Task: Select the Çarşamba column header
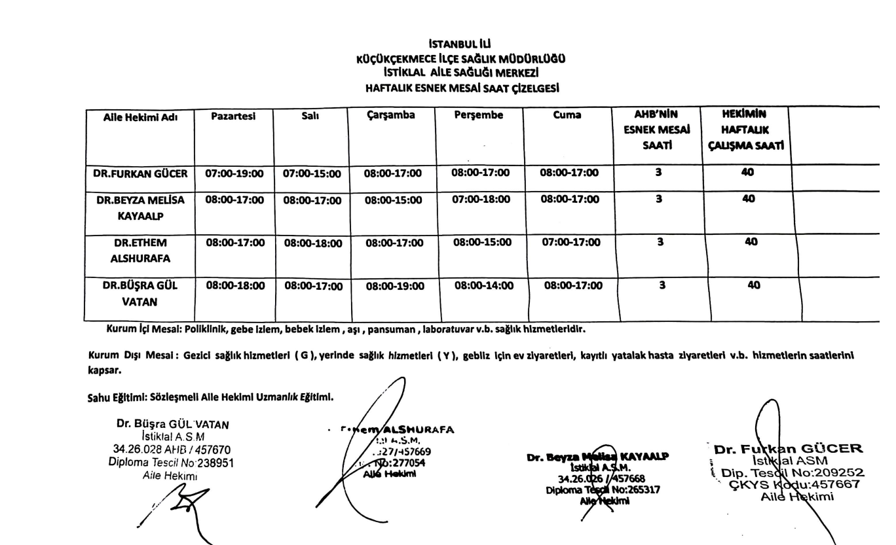[390, 116]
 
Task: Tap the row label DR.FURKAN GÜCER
[140, 174]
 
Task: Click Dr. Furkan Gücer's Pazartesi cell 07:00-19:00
[234, 174]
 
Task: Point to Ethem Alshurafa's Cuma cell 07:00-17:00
[570, 242]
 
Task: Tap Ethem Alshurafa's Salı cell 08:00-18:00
[312, 243]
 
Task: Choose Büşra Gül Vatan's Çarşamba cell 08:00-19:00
[394, 286]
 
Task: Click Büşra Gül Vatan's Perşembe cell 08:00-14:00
[484, 285]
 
